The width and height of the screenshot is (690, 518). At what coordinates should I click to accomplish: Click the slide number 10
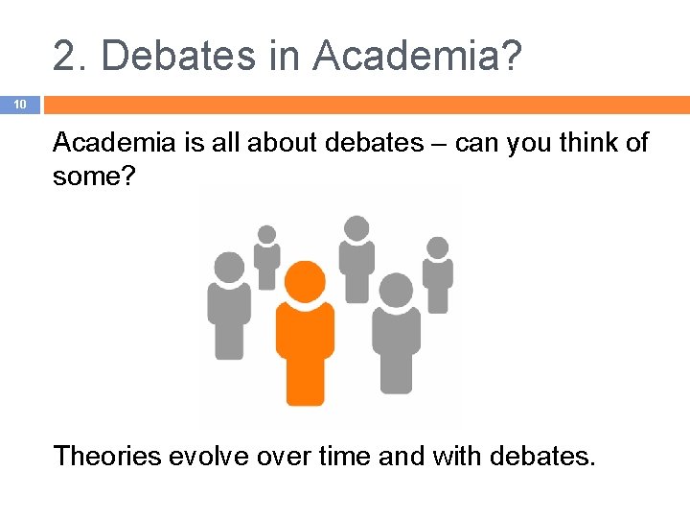(19, 104)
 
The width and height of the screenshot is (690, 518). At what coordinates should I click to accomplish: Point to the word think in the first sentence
(567, 143)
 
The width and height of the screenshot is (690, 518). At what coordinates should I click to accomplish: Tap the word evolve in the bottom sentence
(211, 455)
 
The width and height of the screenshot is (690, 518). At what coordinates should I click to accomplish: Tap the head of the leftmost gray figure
(229, 267)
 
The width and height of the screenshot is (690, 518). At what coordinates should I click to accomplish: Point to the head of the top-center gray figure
(356, 228)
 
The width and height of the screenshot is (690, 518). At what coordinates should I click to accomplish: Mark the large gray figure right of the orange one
(396, 336)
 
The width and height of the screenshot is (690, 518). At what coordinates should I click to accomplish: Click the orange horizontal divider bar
(364, 104)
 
